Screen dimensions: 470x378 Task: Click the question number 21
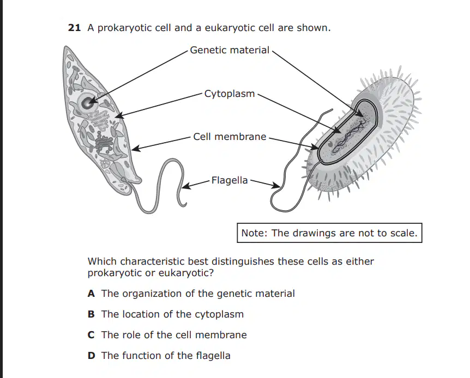[74, 28]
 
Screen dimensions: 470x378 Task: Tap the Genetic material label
[230, 50]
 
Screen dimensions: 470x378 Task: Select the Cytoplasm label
[230, 94]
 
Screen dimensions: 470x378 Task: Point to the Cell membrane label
[230, 137]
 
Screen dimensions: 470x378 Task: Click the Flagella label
[230, 180]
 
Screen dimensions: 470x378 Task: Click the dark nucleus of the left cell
[87, 103]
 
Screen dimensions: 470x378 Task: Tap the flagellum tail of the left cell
[159, 186]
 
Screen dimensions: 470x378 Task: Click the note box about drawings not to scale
[329, 233]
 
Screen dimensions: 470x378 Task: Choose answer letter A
[91, 294]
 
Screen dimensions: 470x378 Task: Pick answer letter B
[91, 314]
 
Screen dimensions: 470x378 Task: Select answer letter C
[91, 335]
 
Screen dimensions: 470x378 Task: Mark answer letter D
[91, 356]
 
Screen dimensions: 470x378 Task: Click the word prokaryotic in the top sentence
[126, 28]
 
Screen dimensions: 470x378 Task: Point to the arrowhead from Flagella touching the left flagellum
[186, 186]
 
